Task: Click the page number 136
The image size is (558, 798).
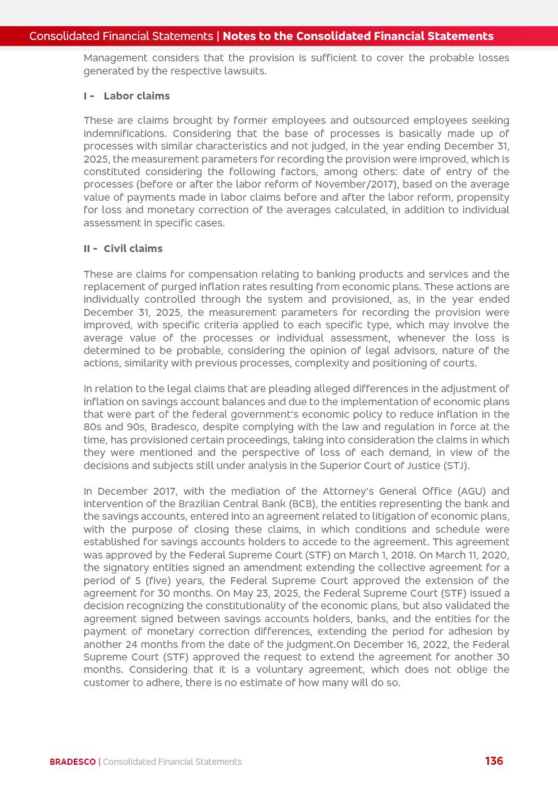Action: tap(494, 761)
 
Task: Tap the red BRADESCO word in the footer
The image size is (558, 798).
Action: tap(72, 762)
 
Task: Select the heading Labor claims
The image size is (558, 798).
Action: tap(136, 96)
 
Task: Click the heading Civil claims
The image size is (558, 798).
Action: tap(132, 248)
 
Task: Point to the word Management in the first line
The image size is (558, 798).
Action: tap(113, 58)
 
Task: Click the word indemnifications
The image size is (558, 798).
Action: tap(124, 133)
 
